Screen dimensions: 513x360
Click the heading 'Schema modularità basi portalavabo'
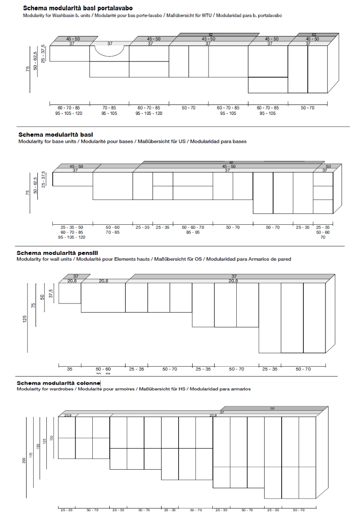click(x=77, y=8)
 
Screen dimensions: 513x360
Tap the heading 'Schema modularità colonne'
click(x=58, y=383)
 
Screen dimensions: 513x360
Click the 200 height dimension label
click(x=24, y=460)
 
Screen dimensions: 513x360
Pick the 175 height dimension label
click(x=31, y=455)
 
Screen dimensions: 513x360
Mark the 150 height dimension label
click(x=38, y=446)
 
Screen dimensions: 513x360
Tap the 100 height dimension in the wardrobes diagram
click(x=51, y=438)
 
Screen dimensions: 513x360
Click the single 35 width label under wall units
click(x=70, y=369)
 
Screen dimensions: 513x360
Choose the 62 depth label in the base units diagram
click(x=231, y=162)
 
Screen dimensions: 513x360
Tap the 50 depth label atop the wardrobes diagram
click(x=272, y=408)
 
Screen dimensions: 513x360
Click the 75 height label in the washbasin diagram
click(x=28, y=68)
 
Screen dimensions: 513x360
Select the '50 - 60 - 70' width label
click(x=193, y=227)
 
